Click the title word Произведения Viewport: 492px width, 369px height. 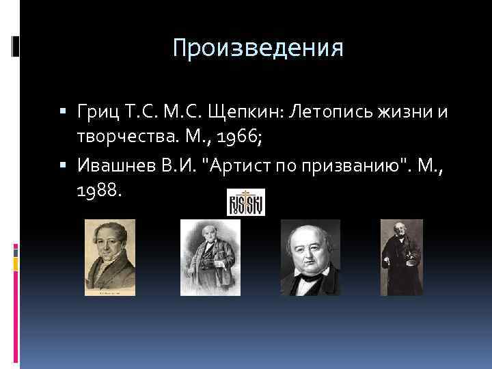click(x=258, y=49)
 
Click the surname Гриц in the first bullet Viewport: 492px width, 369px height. click(x=100, y=111)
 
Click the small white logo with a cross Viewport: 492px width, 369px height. click(x=245, y=202)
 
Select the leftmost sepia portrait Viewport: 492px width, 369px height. click(x=109, y=258)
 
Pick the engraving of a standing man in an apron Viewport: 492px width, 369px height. click(x=210, y=258)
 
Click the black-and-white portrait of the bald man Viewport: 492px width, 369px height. click(x=310, y=258)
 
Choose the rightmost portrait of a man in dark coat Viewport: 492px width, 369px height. click(x=401, y=257)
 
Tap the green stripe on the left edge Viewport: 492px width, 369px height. click(x=16, y=262)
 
